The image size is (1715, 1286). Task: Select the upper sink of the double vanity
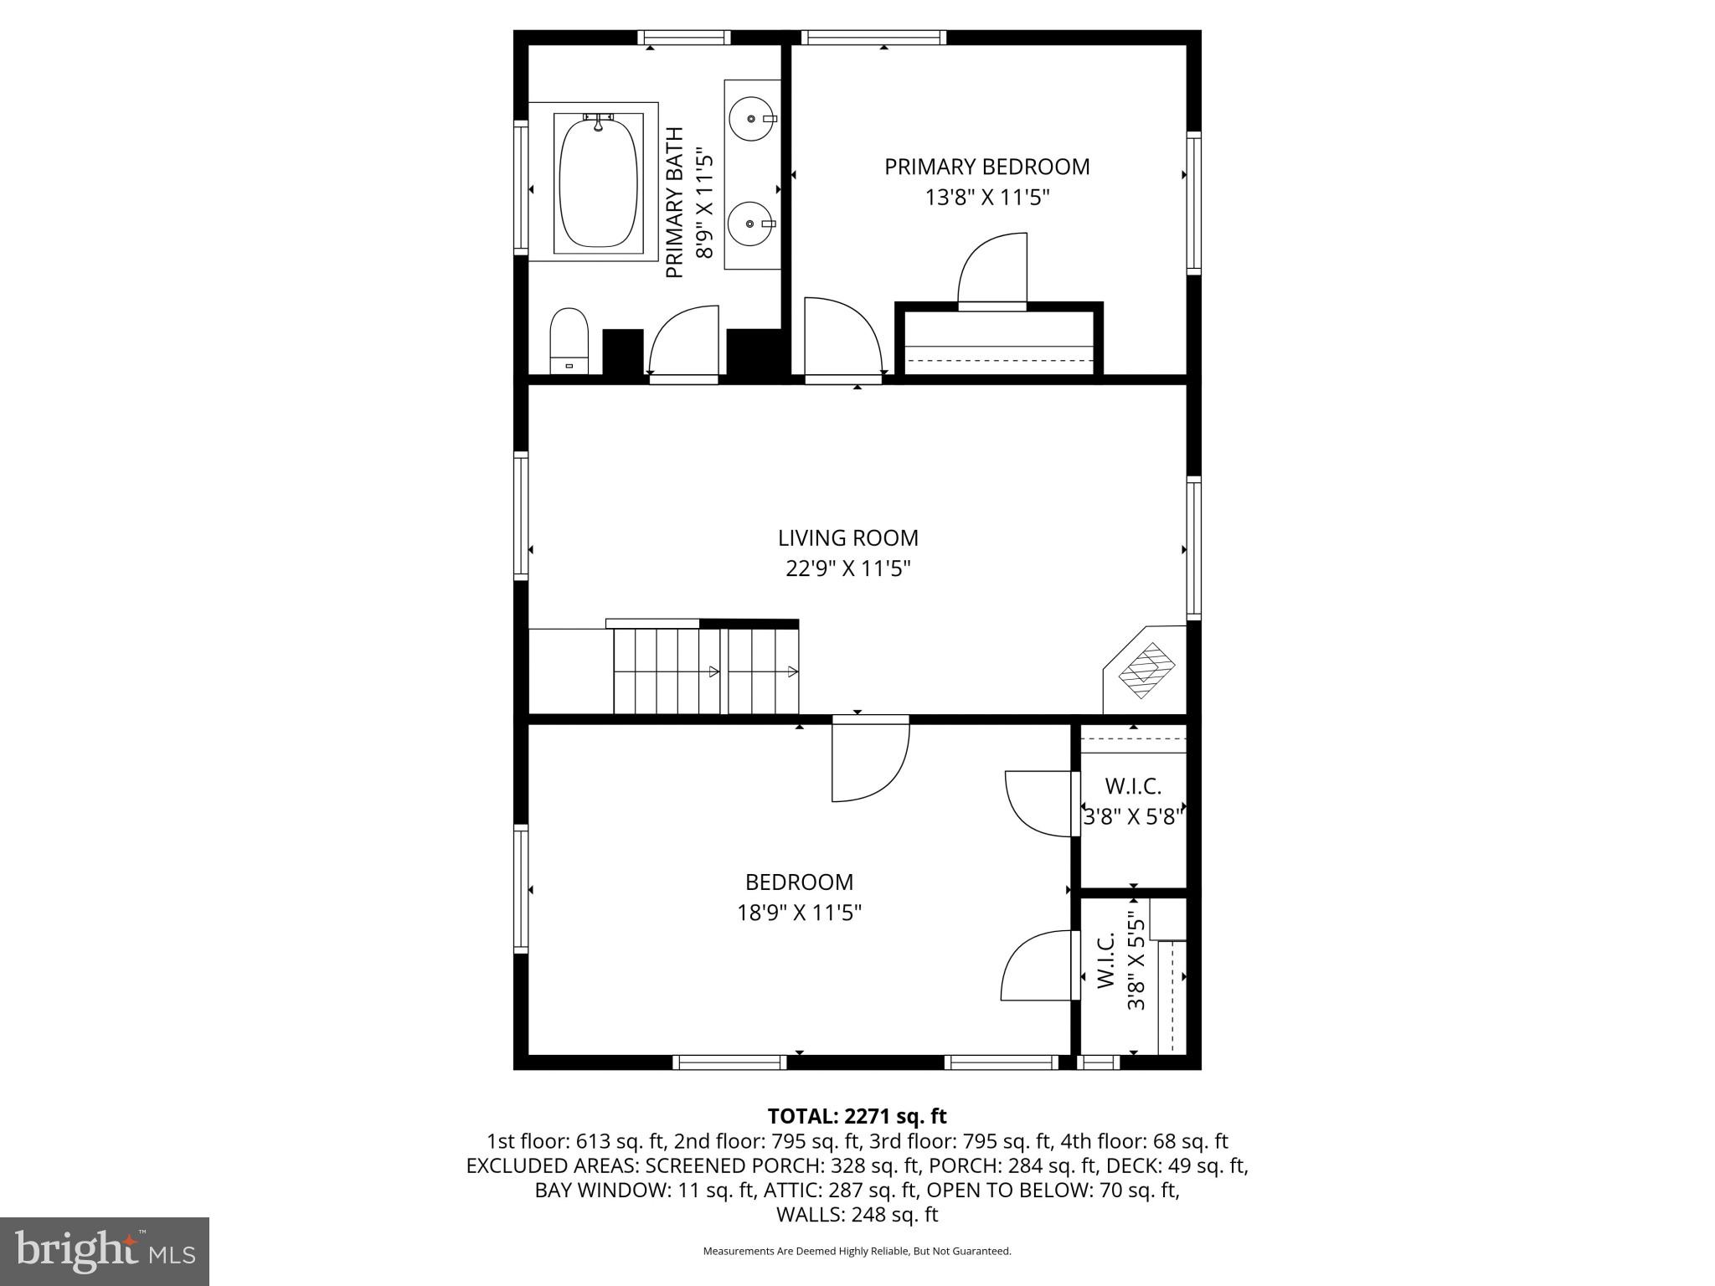751,119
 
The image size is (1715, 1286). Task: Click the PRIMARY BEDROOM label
987,167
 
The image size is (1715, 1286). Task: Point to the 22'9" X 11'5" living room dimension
847,569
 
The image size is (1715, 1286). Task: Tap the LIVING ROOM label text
847,538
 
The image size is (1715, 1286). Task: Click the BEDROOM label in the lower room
799,882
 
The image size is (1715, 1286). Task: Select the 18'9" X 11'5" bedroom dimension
799,913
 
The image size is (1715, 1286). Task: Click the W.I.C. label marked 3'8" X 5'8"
1133,786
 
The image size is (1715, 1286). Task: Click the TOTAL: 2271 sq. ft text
857,1116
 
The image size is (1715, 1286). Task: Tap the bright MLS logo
105,1251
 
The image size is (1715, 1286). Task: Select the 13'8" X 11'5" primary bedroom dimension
987,198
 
